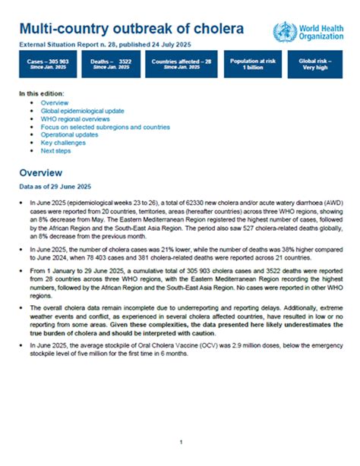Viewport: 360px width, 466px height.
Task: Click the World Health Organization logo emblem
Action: [286, 31]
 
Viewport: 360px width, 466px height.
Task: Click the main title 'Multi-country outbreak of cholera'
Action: [131, 30]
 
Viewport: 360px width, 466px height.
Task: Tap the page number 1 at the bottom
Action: [181, 442]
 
